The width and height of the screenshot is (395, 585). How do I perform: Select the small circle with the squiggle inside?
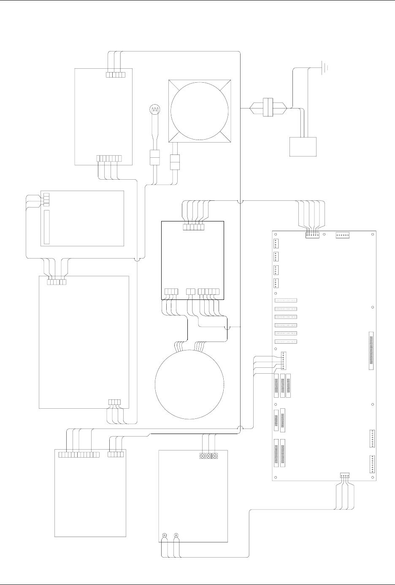point(155,109)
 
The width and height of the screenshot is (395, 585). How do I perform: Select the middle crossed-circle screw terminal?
point(208,456)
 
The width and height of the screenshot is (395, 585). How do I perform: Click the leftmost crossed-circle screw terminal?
point(202,456)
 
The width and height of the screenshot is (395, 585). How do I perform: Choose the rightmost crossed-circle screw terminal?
point(215,456)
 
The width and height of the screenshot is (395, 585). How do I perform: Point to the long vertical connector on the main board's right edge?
point(371,350)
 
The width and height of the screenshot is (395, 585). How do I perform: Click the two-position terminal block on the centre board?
point(191,291)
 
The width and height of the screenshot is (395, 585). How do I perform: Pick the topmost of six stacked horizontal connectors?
point(286,301)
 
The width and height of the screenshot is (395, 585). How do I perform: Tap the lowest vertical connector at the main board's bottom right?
point(372,464)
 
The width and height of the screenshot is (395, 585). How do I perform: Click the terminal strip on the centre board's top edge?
point(193,227)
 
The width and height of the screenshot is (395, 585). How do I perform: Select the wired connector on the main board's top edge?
point(313,235)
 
